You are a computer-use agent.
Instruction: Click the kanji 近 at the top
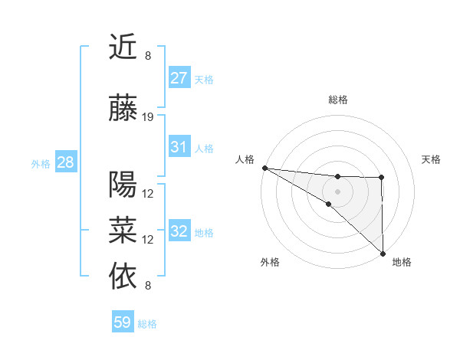coord(123,47)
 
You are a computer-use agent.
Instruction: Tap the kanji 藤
coord(123,108)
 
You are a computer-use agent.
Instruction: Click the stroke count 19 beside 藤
coord(148,117)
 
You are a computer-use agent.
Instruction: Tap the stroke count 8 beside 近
coord(148,55)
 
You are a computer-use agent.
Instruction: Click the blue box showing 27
coord(179,78)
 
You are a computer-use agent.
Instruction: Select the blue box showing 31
coord(179,147)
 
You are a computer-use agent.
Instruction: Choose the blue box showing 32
coord(179,232)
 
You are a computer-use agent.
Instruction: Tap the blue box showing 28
coord(65,162)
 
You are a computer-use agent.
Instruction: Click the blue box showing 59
coord(123,322)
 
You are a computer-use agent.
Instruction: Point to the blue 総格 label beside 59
coord(147,324)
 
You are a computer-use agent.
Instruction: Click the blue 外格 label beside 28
coord(41,163)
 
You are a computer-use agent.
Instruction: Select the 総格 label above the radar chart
coord(337,100)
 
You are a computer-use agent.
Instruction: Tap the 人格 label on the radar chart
coord(245,159)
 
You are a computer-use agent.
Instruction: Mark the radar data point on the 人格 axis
coord(264,168)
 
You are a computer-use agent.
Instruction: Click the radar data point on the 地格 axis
coord(382,253)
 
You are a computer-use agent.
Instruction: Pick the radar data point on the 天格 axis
coord(382,178)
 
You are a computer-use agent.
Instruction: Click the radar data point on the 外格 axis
coord(328,204)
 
